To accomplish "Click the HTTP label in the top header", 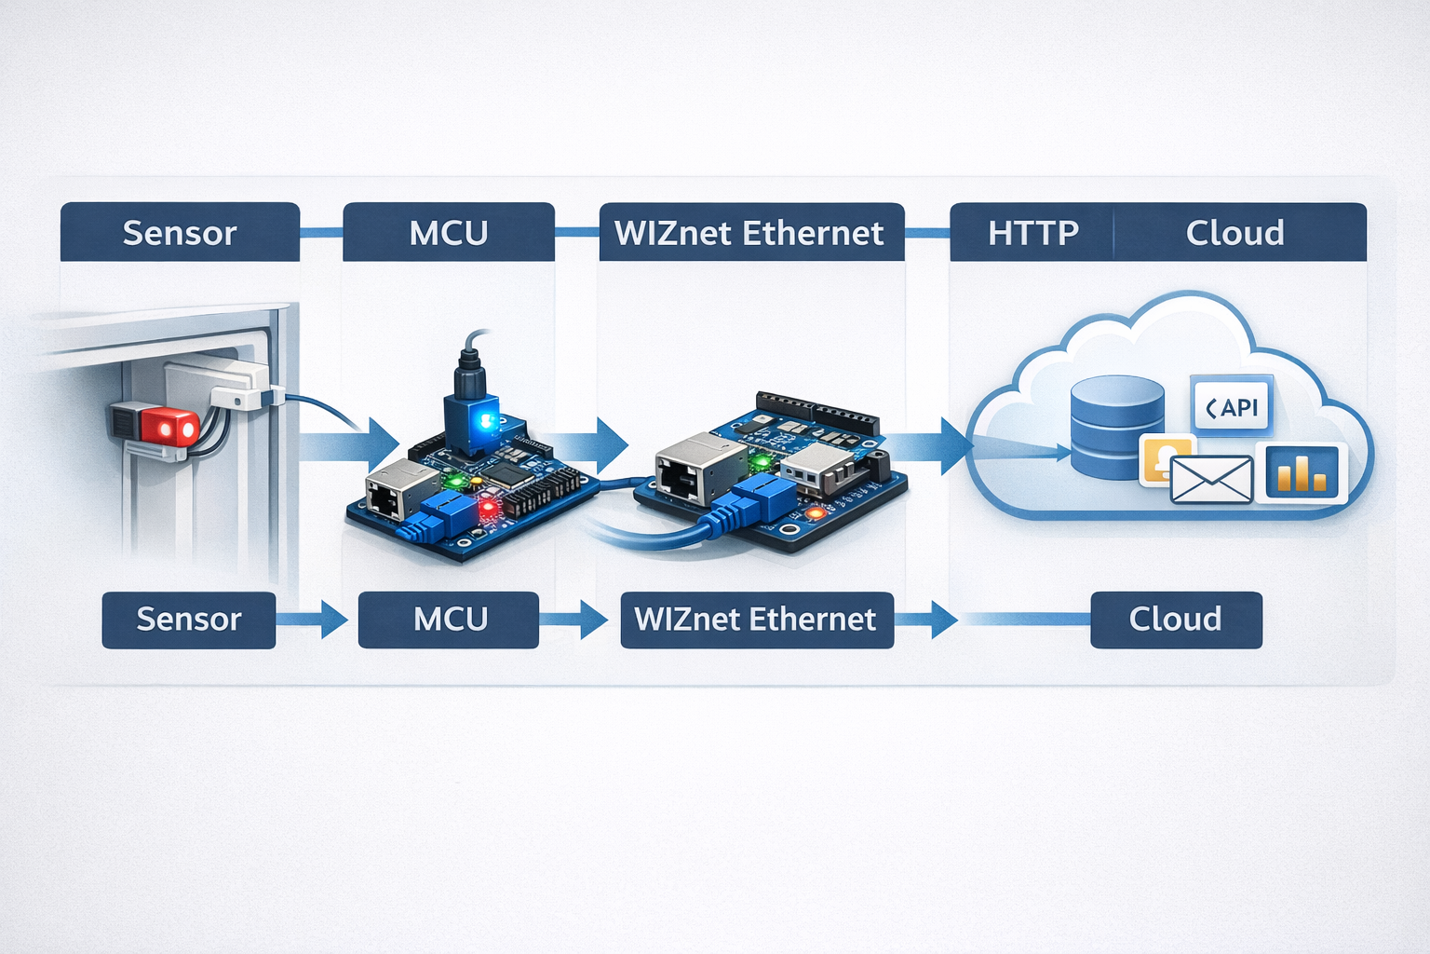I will point(1032,232).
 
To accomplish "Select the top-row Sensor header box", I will point(180,232).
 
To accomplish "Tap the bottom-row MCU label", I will point(449,620).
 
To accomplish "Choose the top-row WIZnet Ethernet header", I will point(750,232).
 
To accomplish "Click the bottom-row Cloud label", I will point(1176,620).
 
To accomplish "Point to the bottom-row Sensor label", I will point(189,620).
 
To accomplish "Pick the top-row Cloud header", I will point(1235,232).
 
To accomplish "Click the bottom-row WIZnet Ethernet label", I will point(756,620).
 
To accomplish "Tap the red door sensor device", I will point(156,427).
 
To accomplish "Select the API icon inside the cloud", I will point(1232,407).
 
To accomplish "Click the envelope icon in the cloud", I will point(1210,480).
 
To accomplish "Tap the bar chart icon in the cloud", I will point(1302,472).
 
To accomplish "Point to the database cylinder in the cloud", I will point(1116,427).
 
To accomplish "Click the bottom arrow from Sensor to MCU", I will point(313,620).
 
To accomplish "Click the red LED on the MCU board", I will point(485,508).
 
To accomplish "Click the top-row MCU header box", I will point(449,232).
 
